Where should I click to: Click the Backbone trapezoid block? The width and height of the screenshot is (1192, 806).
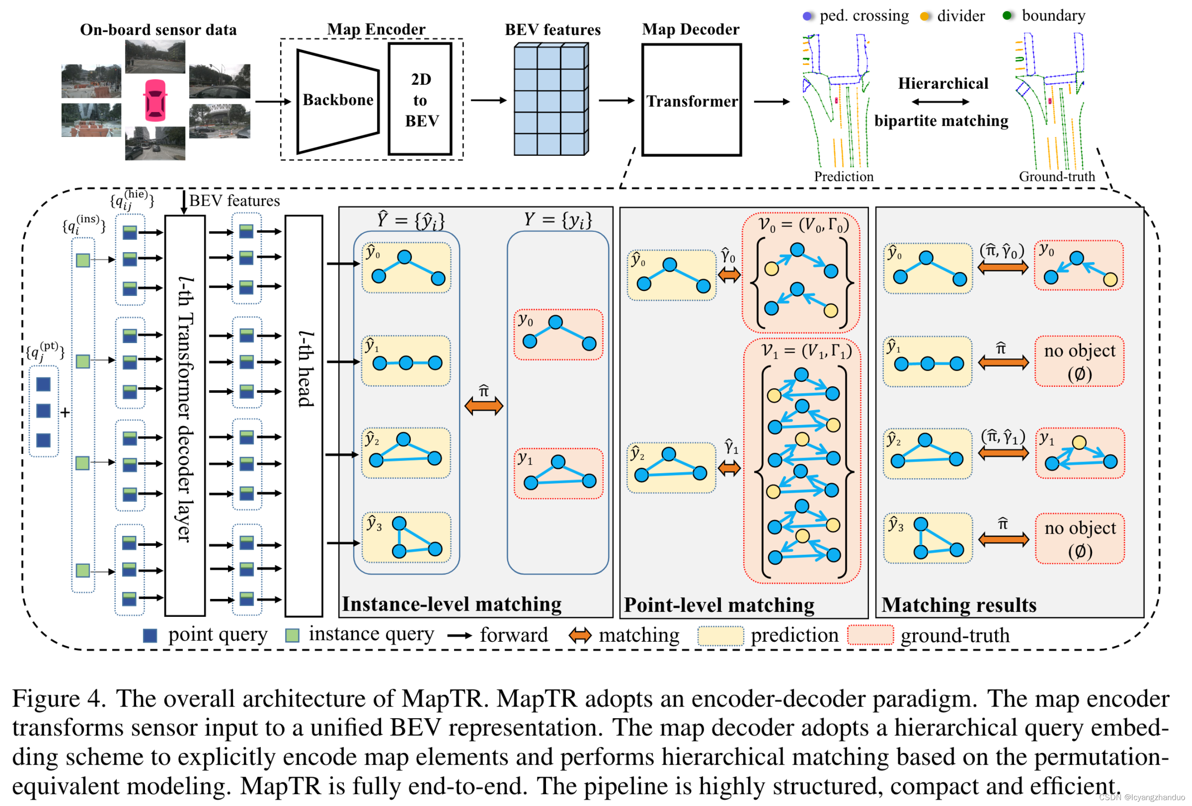coord(337,100)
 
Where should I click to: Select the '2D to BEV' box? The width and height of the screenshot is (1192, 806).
coord(420,100)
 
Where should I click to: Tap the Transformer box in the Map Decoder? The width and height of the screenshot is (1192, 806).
coord(692,100)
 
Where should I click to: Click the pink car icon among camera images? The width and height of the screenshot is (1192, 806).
coord(155,100)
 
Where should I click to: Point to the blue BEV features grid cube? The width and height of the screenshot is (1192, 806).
coord(551,100)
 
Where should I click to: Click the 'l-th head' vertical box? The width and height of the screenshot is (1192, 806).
coord(304,415)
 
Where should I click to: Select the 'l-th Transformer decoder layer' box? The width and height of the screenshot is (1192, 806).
coord(185,415)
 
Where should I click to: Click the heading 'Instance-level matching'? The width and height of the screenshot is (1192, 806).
coord(451,604)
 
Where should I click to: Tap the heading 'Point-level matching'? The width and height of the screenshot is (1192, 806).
coord(719,605)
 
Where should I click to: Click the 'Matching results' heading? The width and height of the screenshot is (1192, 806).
coord(959,605)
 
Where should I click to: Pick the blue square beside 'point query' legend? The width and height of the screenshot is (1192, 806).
coord(150,636)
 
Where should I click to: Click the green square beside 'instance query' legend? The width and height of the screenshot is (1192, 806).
coord(292,636)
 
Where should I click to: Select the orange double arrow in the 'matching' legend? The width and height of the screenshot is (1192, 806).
coord(580,636)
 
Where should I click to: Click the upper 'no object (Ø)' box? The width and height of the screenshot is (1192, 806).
coord(1079,361)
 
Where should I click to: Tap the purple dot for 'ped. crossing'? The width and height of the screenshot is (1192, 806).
coord(807,16)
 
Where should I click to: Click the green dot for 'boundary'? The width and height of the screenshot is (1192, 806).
coord(1007,16)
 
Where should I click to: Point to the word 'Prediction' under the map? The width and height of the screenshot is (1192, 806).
coord(844,177)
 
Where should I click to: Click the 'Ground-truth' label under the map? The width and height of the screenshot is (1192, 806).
coord(1056,177)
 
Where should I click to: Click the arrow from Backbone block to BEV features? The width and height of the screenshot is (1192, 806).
coord(488,100)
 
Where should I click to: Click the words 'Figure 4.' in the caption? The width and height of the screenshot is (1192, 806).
coord(59,699)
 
